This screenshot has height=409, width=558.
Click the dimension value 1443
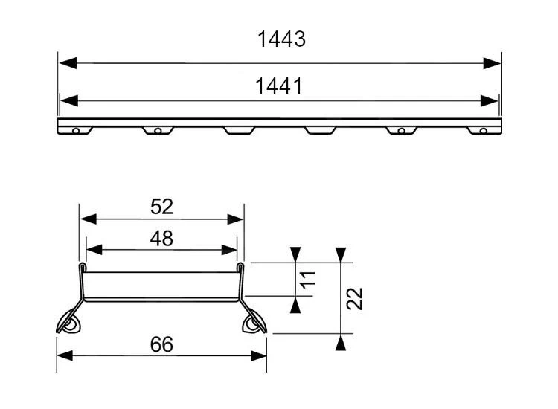tap(281, 39)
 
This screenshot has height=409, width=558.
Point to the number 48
tap(161, 238)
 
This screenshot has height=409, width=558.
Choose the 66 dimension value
tap(161, 344)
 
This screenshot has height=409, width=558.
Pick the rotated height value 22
tap(355, 299)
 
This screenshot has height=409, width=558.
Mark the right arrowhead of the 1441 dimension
tap(490, 100)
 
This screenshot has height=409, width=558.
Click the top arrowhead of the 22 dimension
tap(340, 254)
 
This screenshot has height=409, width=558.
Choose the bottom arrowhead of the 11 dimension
tap(296, 303)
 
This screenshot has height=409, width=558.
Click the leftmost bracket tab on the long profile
tap(74, 130)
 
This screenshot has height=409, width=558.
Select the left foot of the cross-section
tap(68, 321)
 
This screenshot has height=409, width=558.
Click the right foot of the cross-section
tap(254, 321)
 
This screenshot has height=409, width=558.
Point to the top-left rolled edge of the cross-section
tap(81, 265)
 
